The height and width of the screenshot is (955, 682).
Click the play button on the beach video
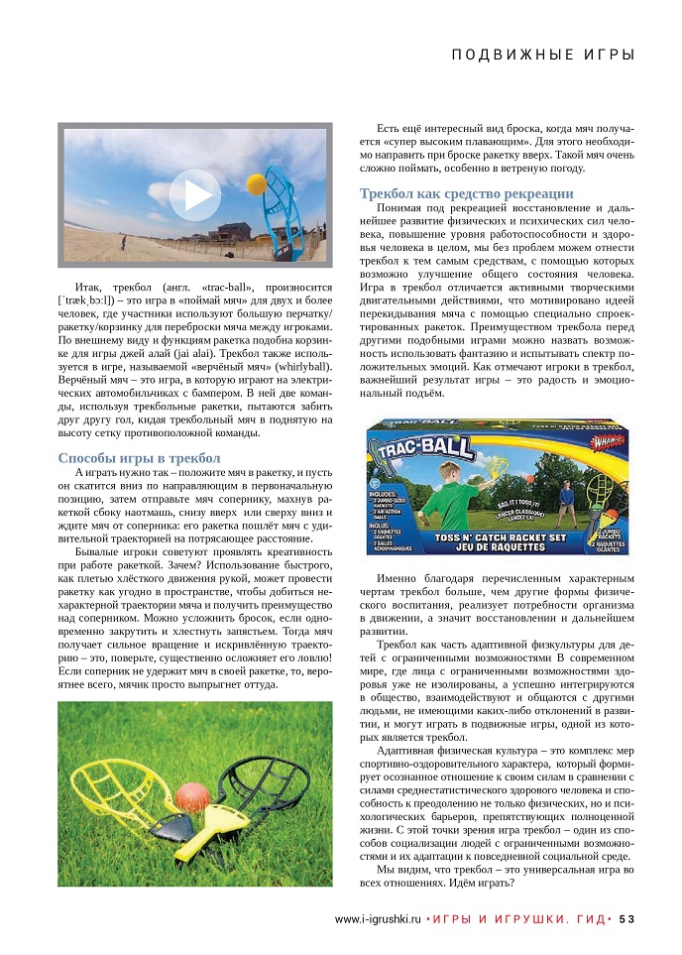click(194, 195)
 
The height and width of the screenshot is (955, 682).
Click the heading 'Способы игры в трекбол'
click(138, 457)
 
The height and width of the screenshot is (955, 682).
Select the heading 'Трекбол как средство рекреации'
click(466, 193)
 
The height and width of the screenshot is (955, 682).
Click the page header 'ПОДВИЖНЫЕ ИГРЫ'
click(542, 55)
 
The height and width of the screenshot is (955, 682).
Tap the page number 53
click(626, 918)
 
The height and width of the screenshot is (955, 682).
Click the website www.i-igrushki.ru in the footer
click(378, 918)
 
